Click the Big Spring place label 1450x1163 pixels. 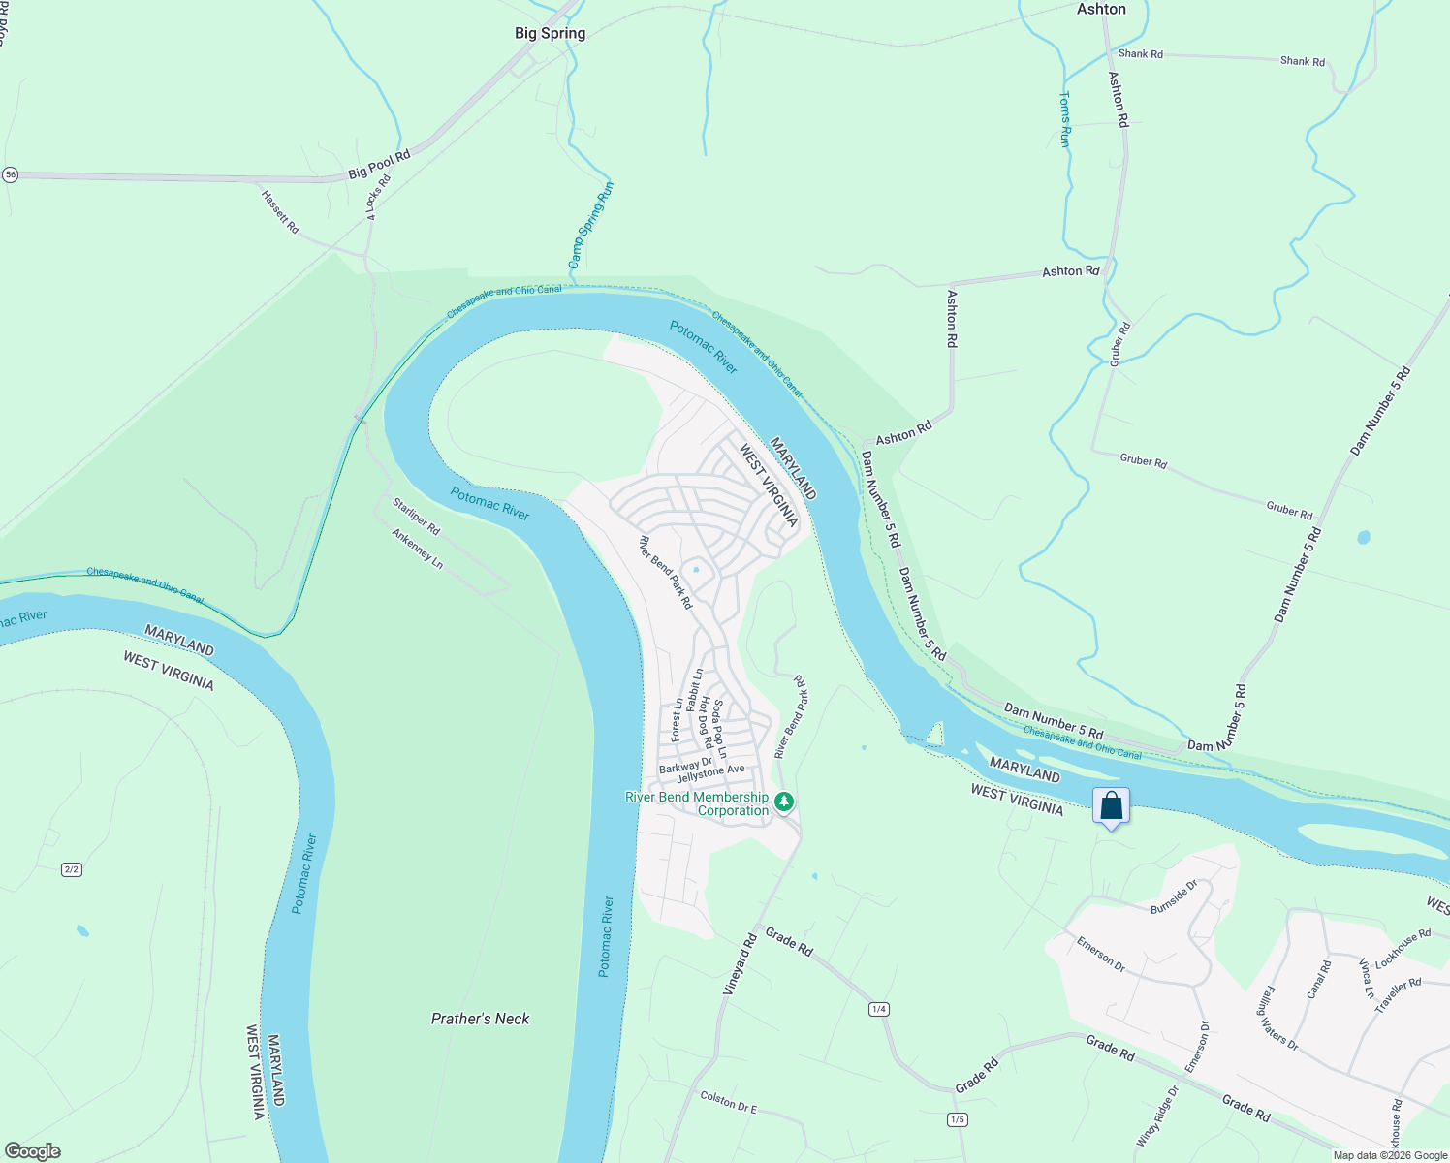(550, 33)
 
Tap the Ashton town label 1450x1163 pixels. (1101, 9)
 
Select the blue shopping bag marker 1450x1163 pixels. (1111, 806)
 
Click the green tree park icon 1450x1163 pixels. (785, 802)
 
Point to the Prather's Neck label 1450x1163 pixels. (480, 1019)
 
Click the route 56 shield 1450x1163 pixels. (10, 174)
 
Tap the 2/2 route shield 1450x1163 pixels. (72, 869)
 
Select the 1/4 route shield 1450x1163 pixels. (879, 1009)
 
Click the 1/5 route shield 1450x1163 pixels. (958, 1119)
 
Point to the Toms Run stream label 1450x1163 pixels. (1065, 119)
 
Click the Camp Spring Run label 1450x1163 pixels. (591, 226)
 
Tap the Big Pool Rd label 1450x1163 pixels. (379, 164)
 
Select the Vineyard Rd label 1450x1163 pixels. (740, 964)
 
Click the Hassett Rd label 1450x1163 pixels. (280, 211)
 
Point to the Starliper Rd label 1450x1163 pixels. (416, 516)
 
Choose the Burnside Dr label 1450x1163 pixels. (1174, 896)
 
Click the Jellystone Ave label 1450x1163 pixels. (710, 773)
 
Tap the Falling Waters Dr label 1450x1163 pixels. (1277, 1016)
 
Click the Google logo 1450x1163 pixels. (32, 1151)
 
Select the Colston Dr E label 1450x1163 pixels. (728, 1101)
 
